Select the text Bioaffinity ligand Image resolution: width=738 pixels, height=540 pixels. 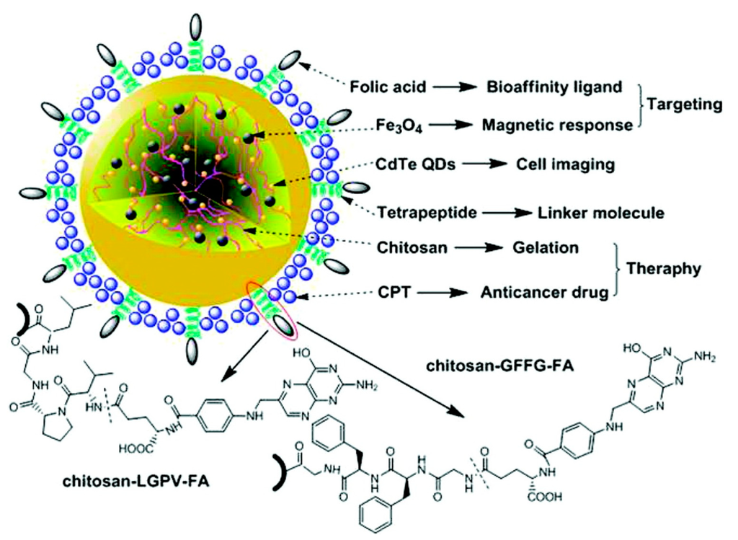point(551,87)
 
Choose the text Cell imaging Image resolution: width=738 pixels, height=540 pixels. point(565,164)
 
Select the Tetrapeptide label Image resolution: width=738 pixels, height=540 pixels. point(425,213)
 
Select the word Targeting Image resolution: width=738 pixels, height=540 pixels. point(685,105)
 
